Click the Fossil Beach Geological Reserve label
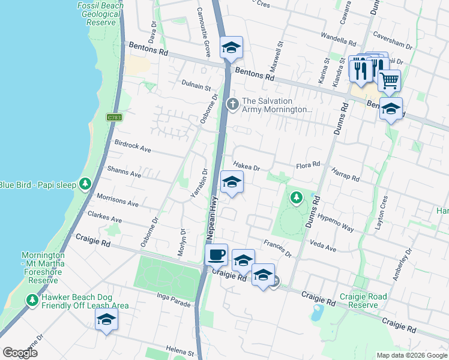[x=100, y=14]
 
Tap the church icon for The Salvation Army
[x=232, y=105]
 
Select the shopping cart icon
[x=390, y=79]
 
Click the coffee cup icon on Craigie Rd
[x=217, y=254]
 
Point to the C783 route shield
[x=115, y=118]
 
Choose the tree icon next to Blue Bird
[x=86, y=184]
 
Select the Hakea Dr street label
[x=246, y=168]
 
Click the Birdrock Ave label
[x=133, y=146]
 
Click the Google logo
[x=20, y=352]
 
